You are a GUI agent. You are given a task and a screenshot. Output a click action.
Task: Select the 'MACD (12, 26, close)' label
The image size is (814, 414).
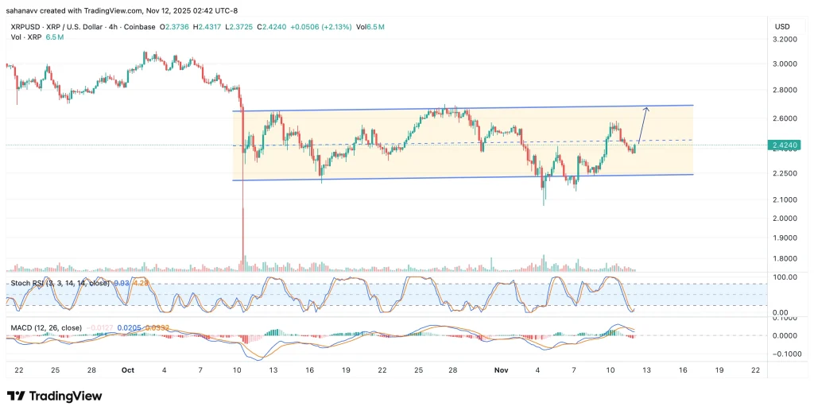(45, 327)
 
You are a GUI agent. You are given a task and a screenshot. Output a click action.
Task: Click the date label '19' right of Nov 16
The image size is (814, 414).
(719, 370)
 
